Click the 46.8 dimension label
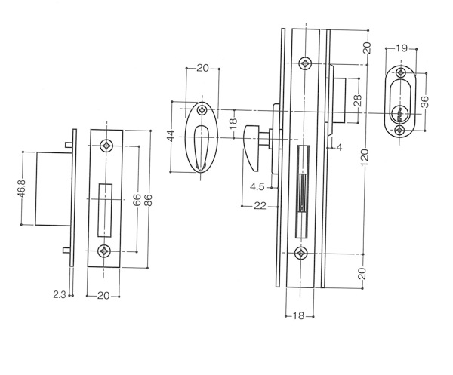click(x=22, y=188)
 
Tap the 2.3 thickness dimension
click(x=59, y=295)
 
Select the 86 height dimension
click(x=148, y=200)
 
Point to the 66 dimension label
click(x=137, y=200)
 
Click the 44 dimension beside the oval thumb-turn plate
click(x=171, y=136)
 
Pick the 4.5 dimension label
click(x=257, y=187)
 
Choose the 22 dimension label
click(x=260, y=206)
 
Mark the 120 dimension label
click(x=365, y=158)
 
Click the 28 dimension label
click(x=357, y=100)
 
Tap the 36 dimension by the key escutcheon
click(x=425, y=102)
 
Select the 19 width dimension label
click(x=402, y=48)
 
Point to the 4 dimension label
click(x=339, y=148)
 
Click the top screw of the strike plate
click(x=106, y=146)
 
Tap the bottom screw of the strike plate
click(x=103, y=251)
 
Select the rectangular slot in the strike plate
click(x=105, y=211)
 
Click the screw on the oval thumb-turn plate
click(x=202, y=109)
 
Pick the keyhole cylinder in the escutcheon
click(x=399, y=113)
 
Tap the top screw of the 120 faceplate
click(x=305, y=63)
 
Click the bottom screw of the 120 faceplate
click(x=301, y=254)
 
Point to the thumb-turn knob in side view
click(x=251, y=148)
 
